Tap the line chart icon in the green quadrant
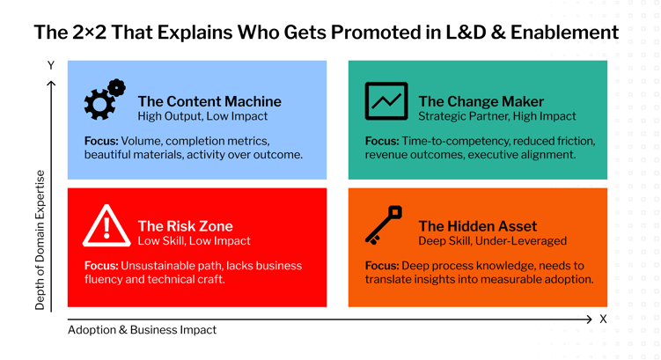386,101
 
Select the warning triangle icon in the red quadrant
106,227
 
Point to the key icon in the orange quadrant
385,225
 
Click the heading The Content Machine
209,101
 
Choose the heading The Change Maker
481,101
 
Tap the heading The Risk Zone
185,226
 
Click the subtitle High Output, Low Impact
202,116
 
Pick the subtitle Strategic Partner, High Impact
496,116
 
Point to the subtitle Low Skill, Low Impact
194,241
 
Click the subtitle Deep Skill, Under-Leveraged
492,241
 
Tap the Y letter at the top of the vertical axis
51,66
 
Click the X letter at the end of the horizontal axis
603,319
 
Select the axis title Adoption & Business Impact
142,330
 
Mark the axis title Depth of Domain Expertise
40,239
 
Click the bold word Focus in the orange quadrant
381,266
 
